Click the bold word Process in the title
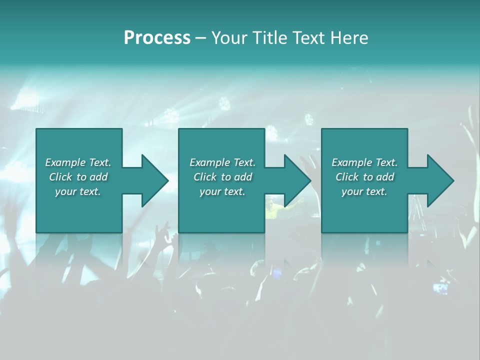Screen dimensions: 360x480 pyautogui.click(x=157, y=38)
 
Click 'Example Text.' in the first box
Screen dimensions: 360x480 pyautogui.click(x=78, y=162)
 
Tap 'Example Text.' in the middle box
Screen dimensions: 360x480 pyautogui.click(x=222, y=162)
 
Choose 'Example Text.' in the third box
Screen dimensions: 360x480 pyautogui.click(x=364, y=162)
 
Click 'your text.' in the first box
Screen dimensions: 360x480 pyautogui.click(x=78, y=191)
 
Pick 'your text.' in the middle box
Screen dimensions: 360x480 pyautogui.click(x=222, y=191)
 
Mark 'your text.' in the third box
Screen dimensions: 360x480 pyautogui.click(x=364, y=191)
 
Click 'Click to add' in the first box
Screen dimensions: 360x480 pyautogui.click(x=78, y=177)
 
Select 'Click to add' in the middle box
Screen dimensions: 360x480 pyautogui.click(x=222, y=177)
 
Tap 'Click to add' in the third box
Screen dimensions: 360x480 pyautogui.click(x=364, y=177)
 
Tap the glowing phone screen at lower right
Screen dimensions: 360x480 pyautogui.click(x=440, y=288)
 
